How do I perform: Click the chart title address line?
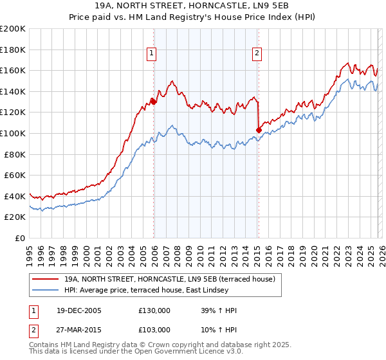(192, 5)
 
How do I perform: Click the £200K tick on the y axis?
(13, 29)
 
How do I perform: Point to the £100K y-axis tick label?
(13, 133)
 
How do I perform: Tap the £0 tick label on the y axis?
(19, 238)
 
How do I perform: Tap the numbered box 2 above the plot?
(257, 54)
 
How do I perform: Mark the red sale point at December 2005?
(153, 102)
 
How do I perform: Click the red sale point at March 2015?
(258, 130)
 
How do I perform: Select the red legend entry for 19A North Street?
(169, 278)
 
